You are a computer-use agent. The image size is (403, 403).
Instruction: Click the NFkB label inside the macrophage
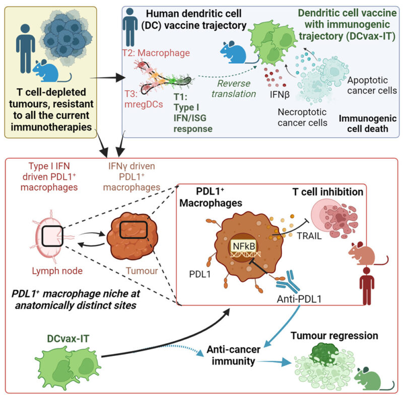(241, 245)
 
